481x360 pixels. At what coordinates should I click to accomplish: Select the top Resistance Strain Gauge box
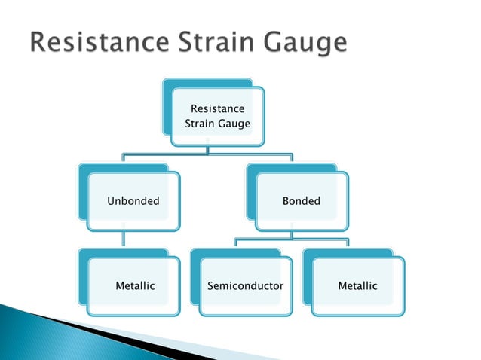(217, 117)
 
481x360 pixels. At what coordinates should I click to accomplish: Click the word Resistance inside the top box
(217, 109)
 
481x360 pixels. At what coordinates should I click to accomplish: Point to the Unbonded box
(133, 201)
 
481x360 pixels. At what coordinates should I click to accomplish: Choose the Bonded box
(302, 201)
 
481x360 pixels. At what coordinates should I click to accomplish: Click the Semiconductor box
(245, 286)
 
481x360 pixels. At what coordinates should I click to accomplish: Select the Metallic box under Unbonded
(134, 286)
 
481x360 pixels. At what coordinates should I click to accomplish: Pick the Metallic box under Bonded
(357, 286)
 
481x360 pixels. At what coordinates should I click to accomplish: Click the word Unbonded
(133, 201)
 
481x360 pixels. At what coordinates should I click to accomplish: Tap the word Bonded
(302, 201)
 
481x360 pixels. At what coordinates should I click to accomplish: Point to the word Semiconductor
(245, 286)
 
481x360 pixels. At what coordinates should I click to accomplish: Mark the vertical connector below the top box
(208, 150)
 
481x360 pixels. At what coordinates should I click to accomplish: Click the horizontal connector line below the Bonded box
(291, 240)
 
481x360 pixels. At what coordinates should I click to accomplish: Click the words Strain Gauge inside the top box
(217, 124)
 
